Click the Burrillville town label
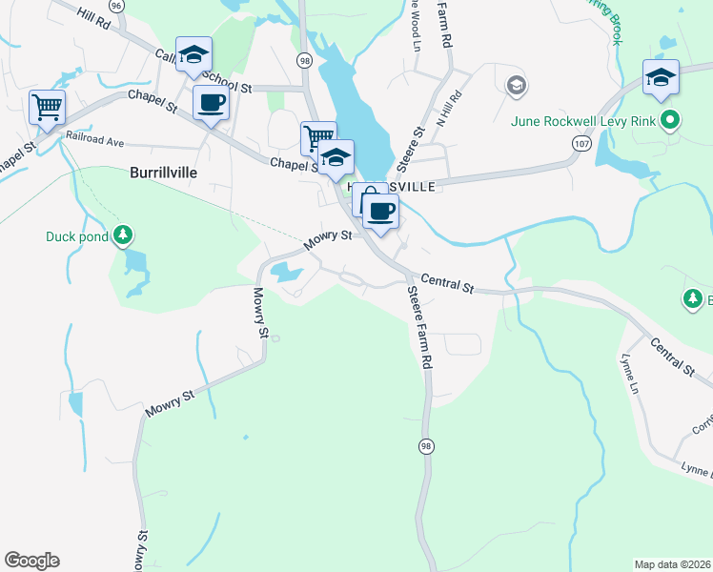pos(166,174)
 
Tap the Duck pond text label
pos(77,236)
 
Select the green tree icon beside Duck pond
pos(122,235)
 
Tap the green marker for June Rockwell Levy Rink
pos(670,121)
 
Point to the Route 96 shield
pos(116,6)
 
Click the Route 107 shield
pos(581,142)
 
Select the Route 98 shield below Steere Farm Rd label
pos(424,446)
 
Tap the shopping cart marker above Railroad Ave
pos(46,107)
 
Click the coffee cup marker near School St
pos(211,102)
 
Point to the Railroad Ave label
pos(94,141)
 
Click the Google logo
pos(31,561)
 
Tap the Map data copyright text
pos(672,564)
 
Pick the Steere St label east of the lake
pos(417,146)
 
